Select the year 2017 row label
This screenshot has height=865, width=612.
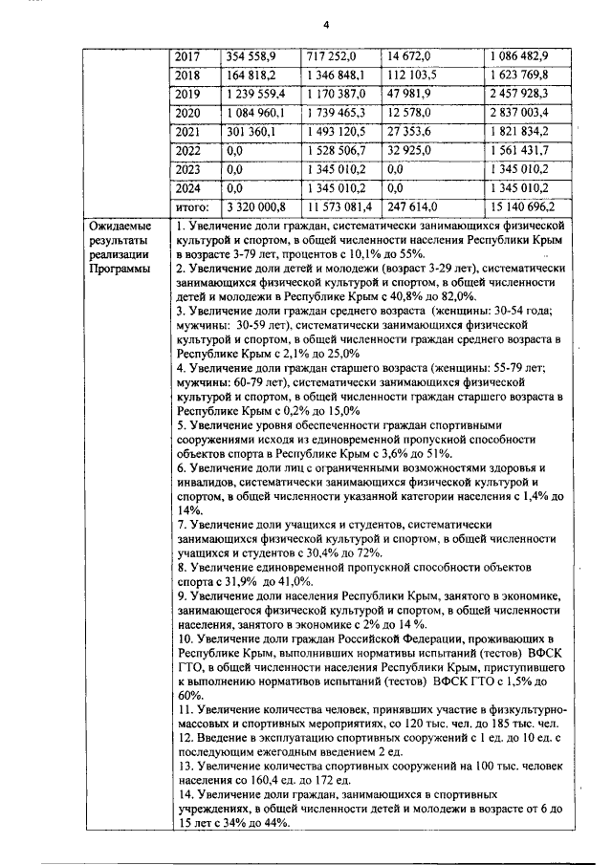[190, 56]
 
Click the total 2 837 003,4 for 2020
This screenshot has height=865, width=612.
[532, 112]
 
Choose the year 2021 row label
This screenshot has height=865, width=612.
[190, 131]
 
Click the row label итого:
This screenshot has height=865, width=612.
[193, 205]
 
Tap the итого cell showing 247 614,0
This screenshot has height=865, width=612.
[416, 205]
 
